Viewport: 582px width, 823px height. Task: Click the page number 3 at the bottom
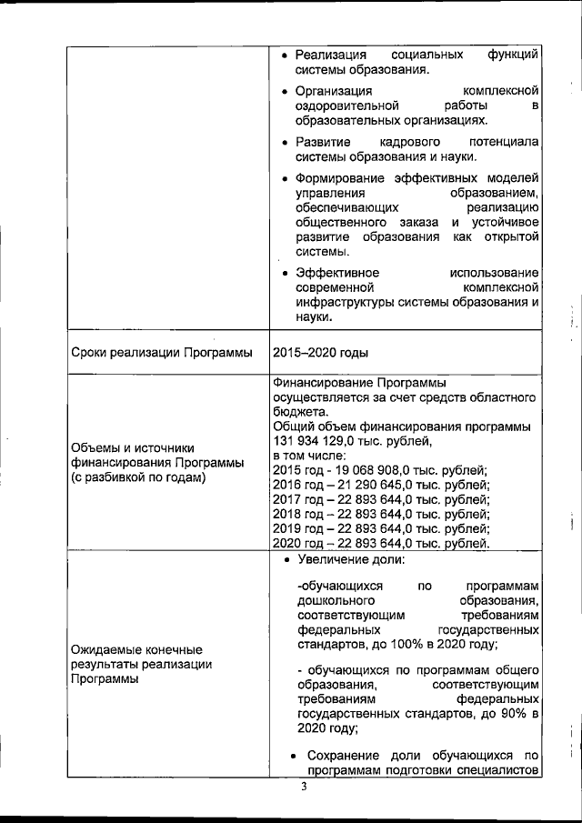pyautogui.click(x=306, y=788)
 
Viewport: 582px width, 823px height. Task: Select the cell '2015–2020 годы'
pyautogui.click(x=316, y=353)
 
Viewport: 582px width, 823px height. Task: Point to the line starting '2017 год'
pyautogui.click(x=381, y=498)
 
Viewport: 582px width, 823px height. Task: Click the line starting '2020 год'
pyautogui.click(x=381, y=543)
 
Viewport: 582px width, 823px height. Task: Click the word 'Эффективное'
pyautogui.click(x=337, y=273)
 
